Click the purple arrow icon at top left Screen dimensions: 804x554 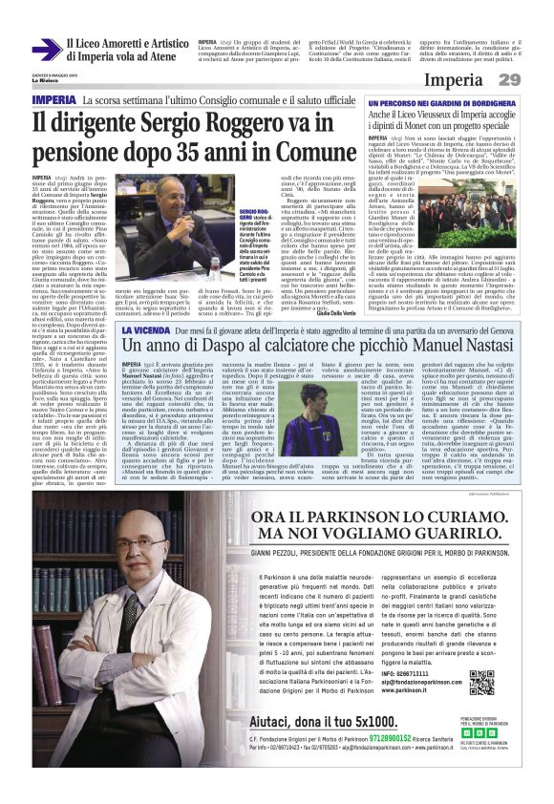click(x=46, y=51)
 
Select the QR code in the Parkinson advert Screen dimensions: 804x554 click(x=480, y=683)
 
